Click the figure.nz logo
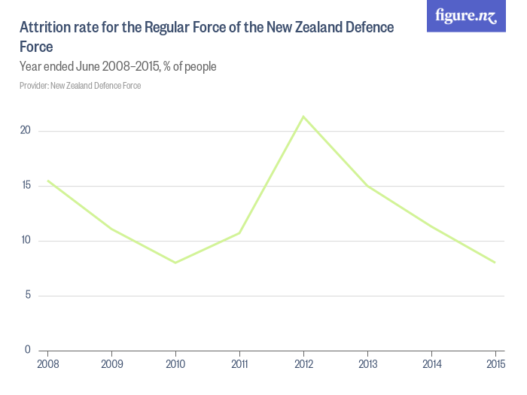click(x=466, y=16)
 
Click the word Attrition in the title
click(x=45, y=28)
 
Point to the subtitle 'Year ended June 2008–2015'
click(x=118, y=67)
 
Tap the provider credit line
click(x=81, y=86)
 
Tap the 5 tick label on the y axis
click(x=27, y=295)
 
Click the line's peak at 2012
click(x=303, y=117)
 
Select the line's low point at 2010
click(x=175, y=263)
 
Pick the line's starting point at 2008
click(x=47, y=181)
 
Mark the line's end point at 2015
click(x=495, y=263)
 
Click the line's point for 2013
click(x=367, y=186)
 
